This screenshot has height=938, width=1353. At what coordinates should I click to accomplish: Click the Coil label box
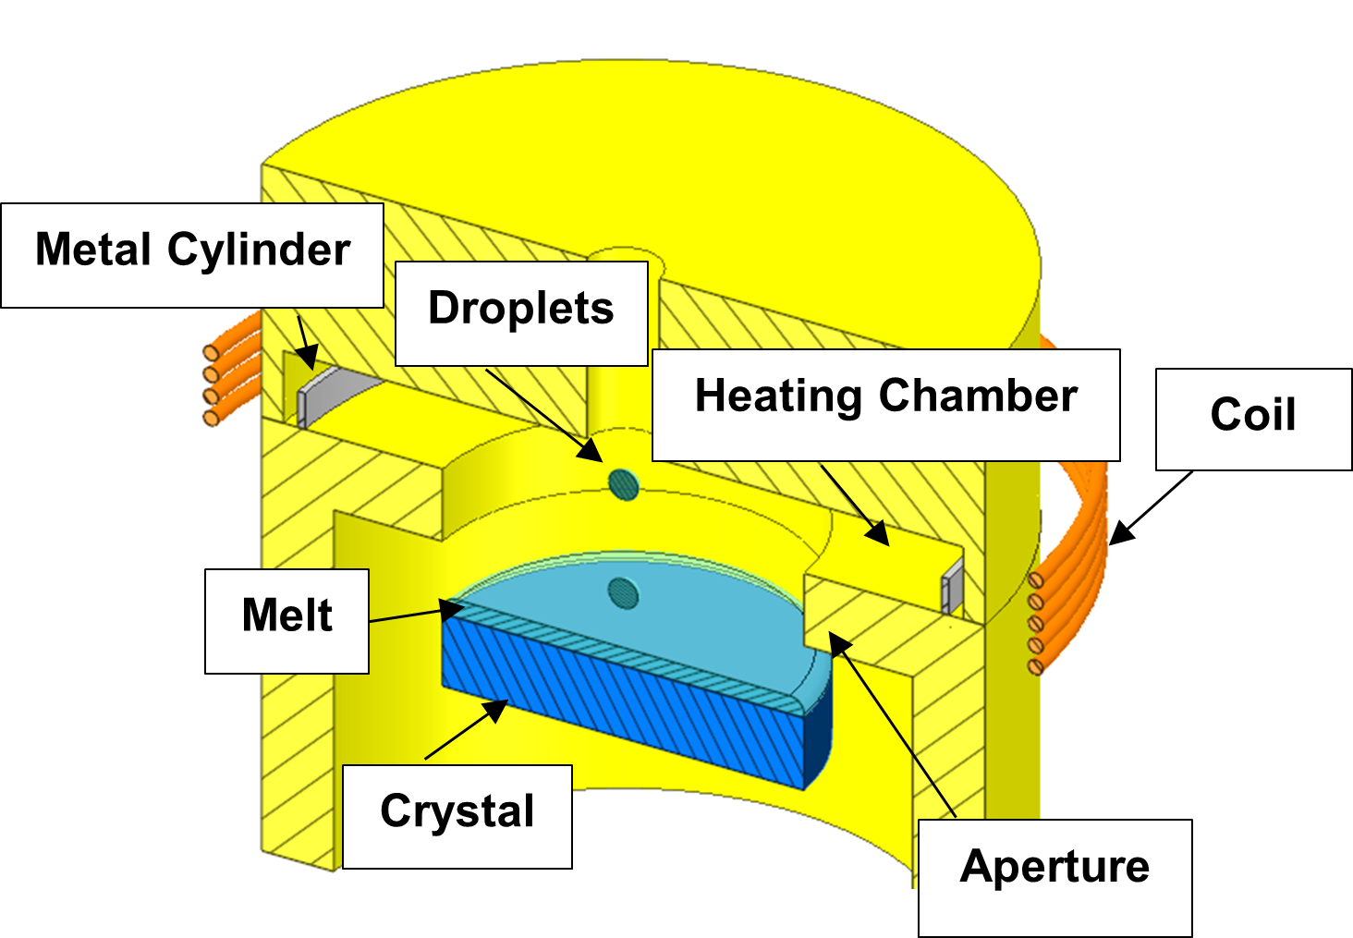coord(1253,419)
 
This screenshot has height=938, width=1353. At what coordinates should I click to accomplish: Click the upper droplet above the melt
coord(625,482)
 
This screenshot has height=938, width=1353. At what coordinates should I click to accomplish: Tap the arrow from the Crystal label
coord(466,730)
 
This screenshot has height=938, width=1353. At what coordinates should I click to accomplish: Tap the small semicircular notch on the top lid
coord(624,255)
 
